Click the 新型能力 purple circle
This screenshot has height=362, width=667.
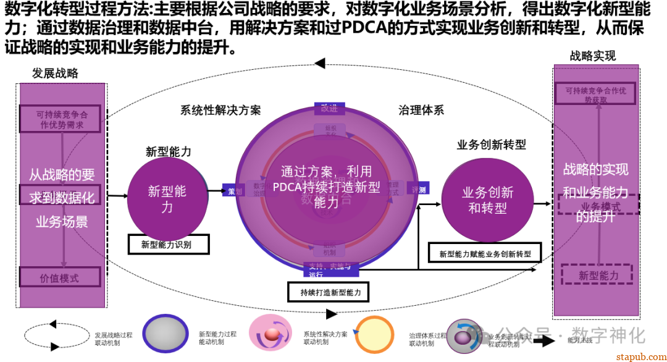(x=167, y=198)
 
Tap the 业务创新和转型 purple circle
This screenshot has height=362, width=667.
(x=487, y=200)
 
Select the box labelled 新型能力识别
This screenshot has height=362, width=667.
(x=168, y=245)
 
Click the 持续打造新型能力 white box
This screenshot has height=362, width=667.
(x=329, y=292)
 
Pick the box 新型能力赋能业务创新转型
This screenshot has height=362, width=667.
(x=485, y=253)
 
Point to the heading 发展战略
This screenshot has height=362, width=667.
(x=55, y=74)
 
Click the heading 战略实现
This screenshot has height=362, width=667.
(x=593, y=56)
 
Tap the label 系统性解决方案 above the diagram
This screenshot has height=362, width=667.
(x=220, y=110)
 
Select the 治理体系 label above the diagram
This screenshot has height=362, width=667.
(x=421, y=110)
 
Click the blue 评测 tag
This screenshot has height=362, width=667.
(x=418, y=190)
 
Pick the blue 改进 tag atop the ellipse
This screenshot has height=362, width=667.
(x=329, y=109)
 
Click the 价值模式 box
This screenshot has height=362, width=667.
(x=59, y=278)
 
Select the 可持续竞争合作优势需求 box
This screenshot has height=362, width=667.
(x=60, y=119)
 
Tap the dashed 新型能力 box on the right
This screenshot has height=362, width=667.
(x=597, y=276)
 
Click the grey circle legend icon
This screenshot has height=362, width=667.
(x=165, y=334)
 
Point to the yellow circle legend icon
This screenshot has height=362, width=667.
(x=374, y=334)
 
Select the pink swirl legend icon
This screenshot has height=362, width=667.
(x=270, y=334)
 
